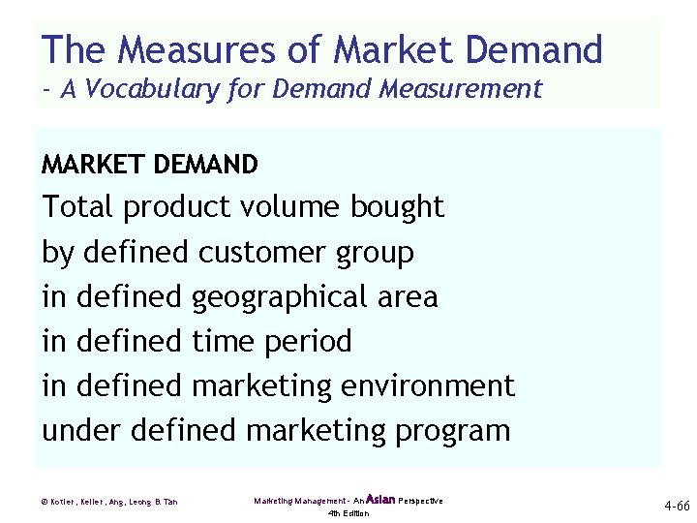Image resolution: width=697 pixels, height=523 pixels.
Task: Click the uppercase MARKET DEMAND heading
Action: tap(150, 166)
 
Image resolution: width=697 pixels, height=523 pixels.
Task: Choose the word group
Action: tap(375, 254)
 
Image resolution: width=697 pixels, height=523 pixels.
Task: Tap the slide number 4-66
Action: tap(676, 505)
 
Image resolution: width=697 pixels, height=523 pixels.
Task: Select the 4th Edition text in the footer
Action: tap(348, 513)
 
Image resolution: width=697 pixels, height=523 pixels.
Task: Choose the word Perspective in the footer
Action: tap(421, 501)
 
